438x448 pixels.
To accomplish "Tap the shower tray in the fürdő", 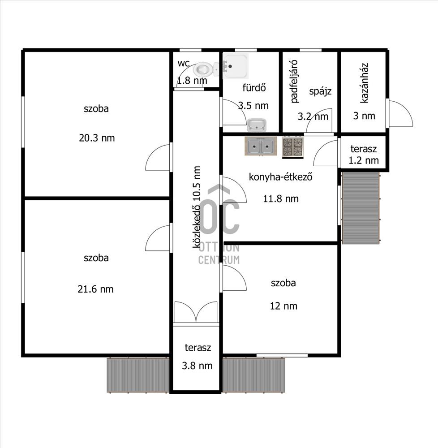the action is click(x=236, y=66).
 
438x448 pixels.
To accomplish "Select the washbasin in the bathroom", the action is click(x=257, y=125).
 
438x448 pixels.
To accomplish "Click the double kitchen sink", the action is click(x=261, y=146).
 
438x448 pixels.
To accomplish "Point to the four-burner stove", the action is click(x=292, y=147).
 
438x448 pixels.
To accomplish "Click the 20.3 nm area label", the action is click(x=97, y=138).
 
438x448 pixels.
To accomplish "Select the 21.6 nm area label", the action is click(x=96, y=289).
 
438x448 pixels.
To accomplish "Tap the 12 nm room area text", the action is click(x=283, y=306).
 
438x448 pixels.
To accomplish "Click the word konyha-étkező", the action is click(x=281, y=177).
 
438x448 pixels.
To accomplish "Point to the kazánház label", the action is click(x=364, y=83).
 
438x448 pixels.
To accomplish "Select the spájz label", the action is click(x=320, y=91).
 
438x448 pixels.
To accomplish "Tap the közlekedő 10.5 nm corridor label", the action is click(x=197, y=207).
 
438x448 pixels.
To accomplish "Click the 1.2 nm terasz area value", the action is click(x=364, y=160).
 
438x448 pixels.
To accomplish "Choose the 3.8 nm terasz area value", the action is click(x=197, y=366).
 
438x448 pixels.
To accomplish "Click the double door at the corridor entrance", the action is click(x=196, y=313).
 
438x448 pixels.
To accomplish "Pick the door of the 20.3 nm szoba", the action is click(x=158, y=157).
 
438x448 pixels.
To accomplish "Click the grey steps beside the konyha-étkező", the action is click(x=361, y=208).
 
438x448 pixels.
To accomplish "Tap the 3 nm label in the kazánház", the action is click(x=364, y=116).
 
